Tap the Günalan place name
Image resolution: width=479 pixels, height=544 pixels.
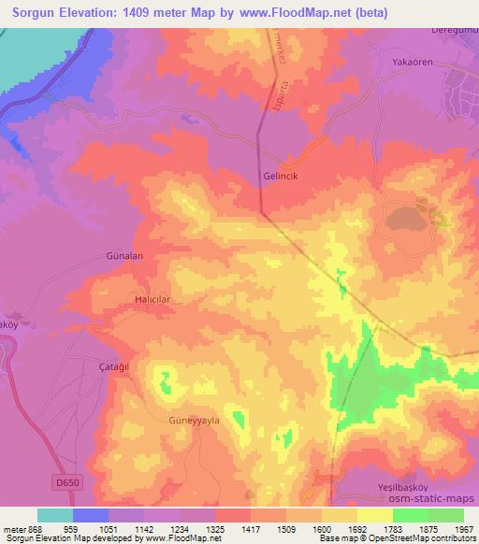click(x=122, y=255)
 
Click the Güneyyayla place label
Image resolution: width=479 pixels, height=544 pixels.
click(x=194, y=421)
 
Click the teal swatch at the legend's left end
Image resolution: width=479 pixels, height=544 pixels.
click(x=54, y=515)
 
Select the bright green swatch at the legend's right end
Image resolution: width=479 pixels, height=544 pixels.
click(x=445, y=515)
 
